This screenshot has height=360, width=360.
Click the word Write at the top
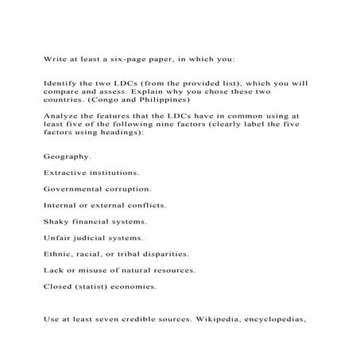tap(56, 57)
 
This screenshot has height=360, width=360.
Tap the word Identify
tap(62, 82)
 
